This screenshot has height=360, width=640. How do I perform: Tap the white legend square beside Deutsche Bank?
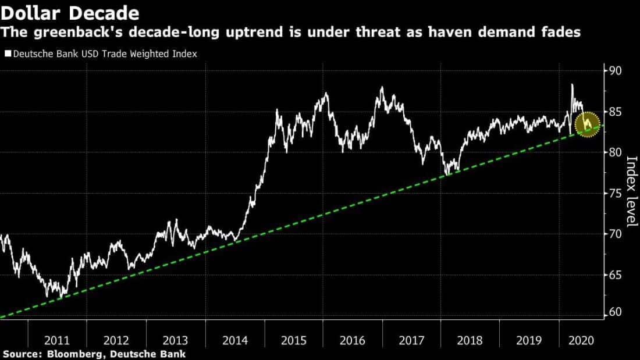point(8,54)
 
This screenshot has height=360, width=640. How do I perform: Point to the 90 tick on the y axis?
point(616,71)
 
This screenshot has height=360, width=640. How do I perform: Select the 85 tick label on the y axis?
point(616,112)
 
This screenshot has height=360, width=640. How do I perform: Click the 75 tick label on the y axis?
point(616,193)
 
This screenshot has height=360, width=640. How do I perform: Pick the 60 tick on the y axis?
point(616,312)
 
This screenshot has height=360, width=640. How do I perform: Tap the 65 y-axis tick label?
point(616,275)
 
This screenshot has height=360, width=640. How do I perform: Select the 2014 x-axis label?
point(235,340)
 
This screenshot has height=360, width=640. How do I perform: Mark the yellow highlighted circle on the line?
point(588,124)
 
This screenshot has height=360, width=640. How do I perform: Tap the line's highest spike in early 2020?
point(572,85)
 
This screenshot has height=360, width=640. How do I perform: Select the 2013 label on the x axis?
point(176,340)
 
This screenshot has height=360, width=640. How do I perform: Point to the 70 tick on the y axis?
point(616,234)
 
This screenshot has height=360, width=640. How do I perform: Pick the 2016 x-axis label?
point(353,340)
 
